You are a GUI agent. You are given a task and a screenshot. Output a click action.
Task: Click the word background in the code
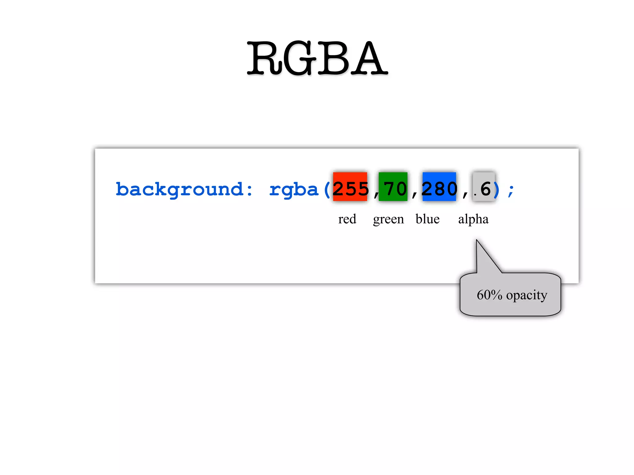click(179, 189)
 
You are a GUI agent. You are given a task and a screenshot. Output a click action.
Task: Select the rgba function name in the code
click(293, 189)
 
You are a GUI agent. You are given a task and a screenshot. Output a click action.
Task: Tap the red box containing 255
click(350, 187)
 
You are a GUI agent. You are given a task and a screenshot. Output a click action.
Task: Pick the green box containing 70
click(393, 187)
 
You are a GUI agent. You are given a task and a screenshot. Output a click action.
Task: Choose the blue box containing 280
click(439, 187)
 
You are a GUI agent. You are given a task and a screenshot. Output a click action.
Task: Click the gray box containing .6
click(484, 187)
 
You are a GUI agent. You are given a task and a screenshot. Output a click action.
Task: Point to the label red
click(347, 219)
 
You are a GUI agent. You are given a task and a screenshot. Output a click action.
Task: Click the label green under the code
click(388, 219)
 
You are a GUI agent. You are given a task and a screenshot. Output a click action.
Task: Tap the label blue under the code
click(428, 219)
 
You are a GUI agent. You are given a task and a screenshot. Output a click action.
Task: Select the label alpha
click(473, 219)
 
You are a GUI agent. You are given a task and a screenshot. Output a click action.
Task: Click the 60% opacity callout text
click(512, 295)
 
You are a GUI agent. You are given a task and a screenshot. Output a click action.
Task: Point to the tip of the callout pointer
click(477, 240)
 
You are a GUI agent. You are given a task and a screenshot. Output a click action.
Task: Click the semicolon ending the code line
click(511, 190)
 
